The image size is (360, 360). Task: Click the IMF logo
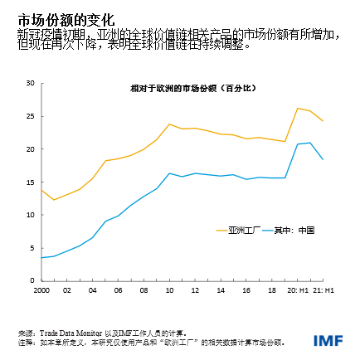(x=329, y=341)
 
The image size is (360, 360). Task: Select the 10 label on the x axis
(x=169, y=290)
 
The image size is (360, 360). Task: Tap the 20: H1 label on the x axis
(x=296, y=290)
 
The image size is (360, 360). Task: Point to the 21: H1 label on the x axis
(x=323, y=290)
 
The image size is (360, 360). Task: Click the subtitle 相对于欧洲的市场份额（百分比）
(x=182, y=87)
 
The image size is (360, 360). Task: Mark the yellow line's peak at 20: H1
(x=297, y=108)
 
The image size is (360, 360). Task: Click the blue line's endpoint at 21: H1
(x=323, y=159)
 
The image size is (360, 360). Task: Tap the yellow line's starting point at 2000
(x=41, y=190)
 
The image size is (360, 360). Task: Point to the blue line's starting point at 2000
(x=41, y=257)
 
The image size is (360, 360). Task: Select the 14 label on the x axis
(x=221, y=290)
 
